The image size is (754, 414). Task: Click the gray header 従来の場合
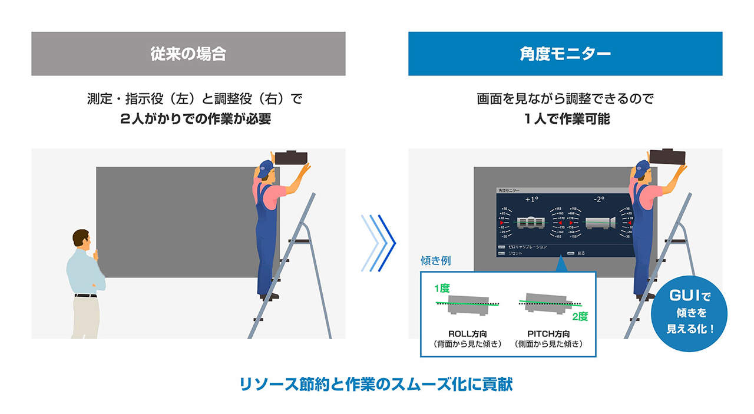[x=188, y=54]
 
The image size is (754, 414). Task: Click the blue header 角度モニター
[x=565, y=54]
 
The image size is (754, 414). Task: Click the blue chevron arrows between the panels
[x=378, y=243]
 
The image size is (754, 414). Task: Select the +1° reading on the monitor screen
[x=532, y=200]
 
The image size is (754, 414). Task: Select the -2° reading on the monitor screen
[x=598, y=200]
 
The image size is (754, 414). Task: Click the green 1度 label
[x=442, y=289]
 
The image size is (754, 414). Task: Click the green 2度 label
[x=580, y=316]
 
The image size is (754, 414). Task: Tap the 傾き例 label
[x=435, y=260]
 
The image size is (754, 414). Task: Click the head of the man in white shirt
[x=81, y=239]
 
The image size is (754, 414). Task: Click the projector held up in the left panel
[x=292, y=158]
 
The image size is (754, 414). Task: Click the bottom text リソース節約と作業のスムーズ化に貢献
[x=376, y=385]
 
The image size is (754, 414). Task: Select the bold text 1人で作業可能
[x=565, y=118]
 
